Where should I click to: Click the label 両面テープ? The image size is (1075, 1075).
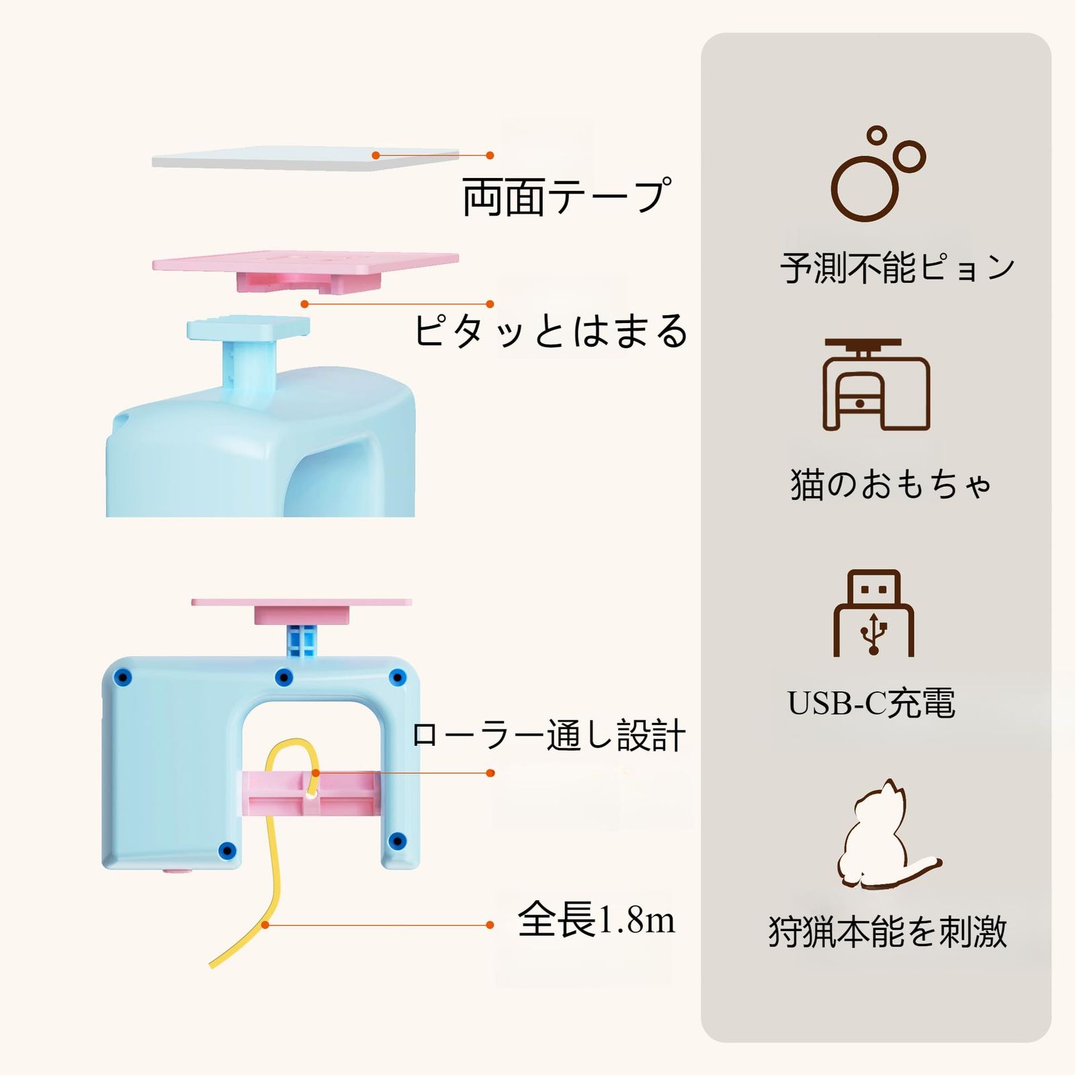[x=566, y=197]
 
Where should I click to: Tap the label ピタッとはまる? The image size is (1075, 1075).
[x=550, y=331]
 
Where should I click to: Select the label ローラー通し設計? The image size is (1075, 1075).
[x=548, y=735]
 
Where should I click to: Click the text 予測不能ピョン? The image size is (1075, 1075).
[x=898, y=267]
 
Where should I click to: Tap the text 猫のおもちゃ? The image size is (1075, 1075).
[x=891, y=484]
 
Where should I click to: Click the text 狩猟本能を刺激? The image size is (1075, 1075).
[x=888, y=931]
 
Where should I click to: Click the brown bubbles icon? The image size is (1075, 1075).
[x=877, y=173]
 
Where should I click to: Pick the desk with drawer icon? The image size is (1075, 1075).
[x=876, y=384]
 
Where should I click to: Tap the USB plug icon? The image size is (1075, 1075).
[x=873, y=613]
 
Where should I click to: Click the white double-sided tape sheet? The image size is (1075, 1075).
[x=306, y=159]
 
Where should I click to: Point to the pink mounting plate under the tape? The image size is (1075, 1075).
[x=306, y=270]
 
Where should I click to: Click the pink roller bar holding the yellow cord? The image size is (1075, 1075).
[x=310, y=793]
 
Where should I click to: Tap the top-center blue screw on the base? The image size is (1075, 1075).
[x=284, y=677]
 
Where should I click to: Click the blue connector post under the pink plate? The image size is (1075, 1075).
[x=302, y=640]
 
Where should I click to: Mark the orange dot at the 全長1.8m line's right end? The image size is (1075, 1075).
[x=490, y=925]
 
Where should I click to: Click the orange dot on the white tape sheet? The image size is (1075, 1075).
[x=376, y=155]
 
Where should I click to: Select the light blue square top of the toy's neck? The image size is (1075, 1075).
[x=248, y=328]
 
